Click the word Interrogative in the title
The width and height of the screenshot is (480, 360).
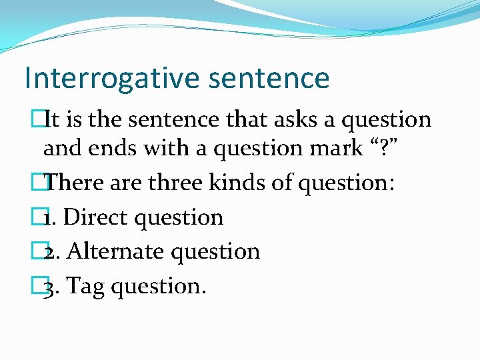point(110,78)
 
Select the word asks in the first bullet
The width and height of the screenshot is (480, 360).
point(274,119)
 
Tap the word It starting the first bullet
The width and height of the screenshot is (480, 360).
point(53,119)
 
